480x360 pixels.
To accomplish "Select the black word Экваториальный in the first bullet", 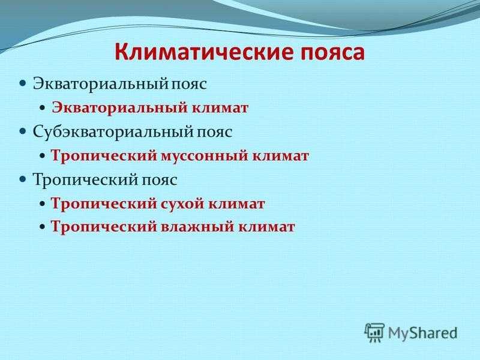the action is tap(100, 83).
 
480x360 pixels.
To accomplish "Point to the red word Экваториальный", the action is tap(119, 108).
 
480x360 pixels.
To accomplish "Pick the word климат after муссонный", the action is tap(280, 156).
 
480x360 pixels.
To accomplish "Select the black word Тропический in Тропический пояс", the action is tap(86, 179).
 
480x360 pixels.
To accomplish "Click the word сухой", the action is tap(183, 204).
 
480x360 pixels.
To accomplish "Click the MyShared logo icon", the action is tap(374, 332).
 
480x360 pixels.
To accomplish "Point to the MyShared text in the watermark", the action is tap(423, 333).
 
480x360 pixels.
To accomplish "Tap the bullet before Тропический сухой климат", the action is tap(43, 204).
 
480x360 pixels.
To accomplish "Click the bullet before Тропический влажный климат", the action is tap(43, 227).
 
